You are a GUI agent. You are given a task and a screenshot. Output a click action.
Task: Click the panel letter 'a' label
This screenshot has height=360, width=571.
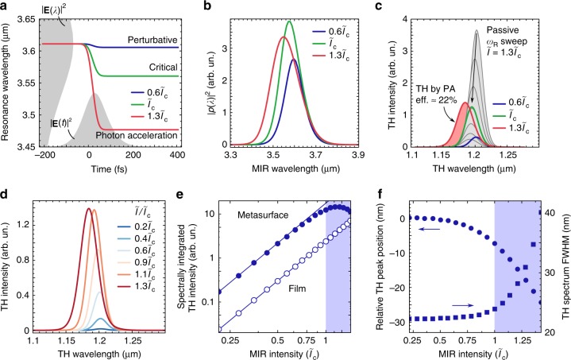[x=6, y=6]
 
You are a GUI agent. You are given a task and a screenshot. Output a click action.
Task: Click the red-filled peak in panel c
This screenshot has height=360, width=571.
[x=463, y=103]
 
